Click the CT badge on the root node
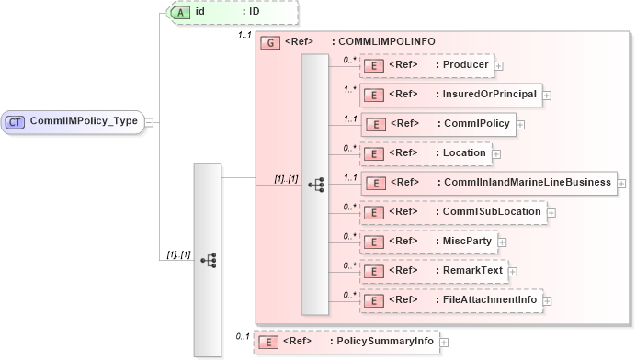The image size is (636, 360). point(16,120)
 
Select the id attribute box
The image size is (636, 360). point(221,12)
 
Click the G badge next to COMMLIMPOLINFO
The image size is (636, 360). point(270,42)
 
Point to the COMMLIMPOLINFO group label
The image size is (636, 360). point(383,42)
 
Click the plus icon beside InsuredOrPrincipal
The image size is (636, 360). point(547,94)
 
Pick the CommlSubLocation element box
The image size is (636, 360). point(452,212)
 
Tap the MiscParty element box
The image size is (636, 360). point(428,242)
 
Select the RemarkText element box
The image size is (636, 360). point(432,272)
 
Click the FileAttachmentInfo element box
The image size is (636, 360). point(451,300)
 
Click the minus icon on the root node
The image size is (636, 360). point(149,120)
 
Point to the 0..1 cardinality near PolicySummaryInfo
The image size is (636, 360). point(242,336)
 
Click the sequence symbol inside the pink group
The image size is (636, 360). point(315,184)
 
